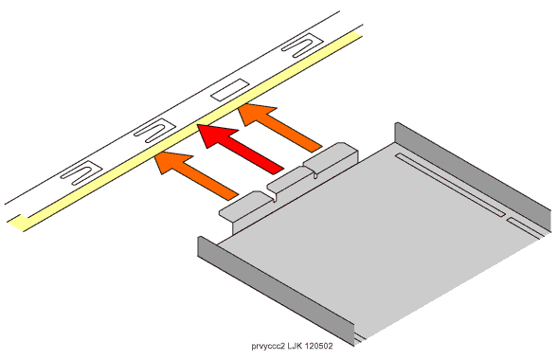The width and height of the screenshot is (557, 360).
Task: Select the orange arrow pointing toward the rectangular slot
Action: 280,127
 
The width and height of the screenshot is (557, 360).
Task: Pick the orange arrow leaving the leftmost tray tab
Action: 196,174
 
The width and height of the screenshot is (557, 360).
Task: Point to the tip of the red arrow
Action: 197,125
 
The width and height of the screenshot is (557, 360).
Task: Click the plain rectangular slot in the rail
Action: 230,89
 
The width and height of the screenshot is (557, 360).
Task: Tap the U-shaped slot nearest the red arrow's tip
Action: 154,131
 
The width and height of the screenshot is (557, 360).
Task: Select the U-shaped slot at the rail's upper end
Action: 302,45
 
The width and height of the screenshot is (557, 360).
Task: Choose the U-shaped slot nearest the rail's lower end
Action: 81,173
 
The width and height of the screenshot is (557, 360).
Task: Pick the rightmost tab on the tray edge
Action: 331,156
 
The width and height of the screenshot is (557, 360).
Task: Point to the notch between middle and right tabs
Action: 315,173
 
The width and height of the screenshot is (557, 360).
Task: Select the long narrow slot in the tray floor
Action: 451,184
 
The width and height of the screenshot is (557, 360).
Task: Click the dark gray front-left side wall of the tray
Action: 276,291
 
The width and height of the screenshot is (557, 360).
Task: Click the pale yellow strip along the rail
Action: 185,132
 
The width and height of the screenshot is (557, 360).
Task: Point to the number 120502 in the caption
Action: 318,346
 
